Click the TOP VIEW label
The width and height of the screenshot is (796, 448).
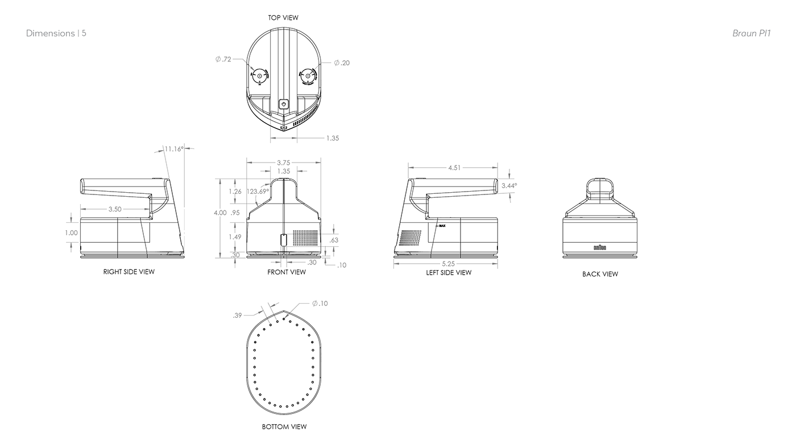click(283, 18)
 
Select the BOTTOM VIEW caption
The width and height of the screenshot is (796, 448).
click(284, 426)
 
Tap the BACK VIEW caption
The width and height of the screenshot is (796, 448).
click(600, 274)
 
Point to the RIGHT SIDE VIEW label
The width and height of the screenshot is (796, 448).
click(128, 272)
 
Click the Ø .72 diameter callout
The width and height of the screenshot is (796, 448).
click(223, 59)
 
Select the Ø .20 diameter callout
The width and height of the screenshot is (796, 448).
click(342, 63)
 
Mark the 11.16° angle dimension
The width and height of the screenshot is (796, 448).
click(173, 149)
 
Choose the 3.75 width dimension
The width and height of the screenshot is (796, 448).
click(283, 163)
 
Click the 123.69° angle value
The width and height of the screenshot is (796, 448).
click(258, 192)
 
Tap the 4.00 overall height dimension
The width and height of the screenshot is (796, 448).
click(220, 213)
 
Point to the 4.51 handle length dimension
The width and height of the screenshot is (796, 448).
click(454, 168)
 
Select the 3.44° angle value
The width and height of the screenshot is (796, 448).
click(509, 185)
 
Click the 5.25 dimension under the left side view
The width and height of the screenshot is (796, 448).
click(447, 264)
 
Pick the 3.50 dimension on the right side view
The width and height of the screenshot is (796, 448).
click(114, 209)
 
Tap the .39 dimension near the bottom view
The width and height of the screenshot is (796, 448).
click(237, 315)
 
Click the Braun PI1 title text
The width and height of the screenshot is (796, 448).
click(751, 33)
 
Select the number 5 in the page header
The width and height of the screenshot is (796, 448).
click(84, 33)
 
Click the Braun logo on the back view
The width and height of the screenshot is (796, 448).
click(600, 247)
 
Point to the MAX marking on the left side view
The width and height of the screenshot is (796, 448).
click(441, 226)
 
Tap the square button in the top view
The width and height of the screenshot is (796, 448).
click(284, 104)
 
